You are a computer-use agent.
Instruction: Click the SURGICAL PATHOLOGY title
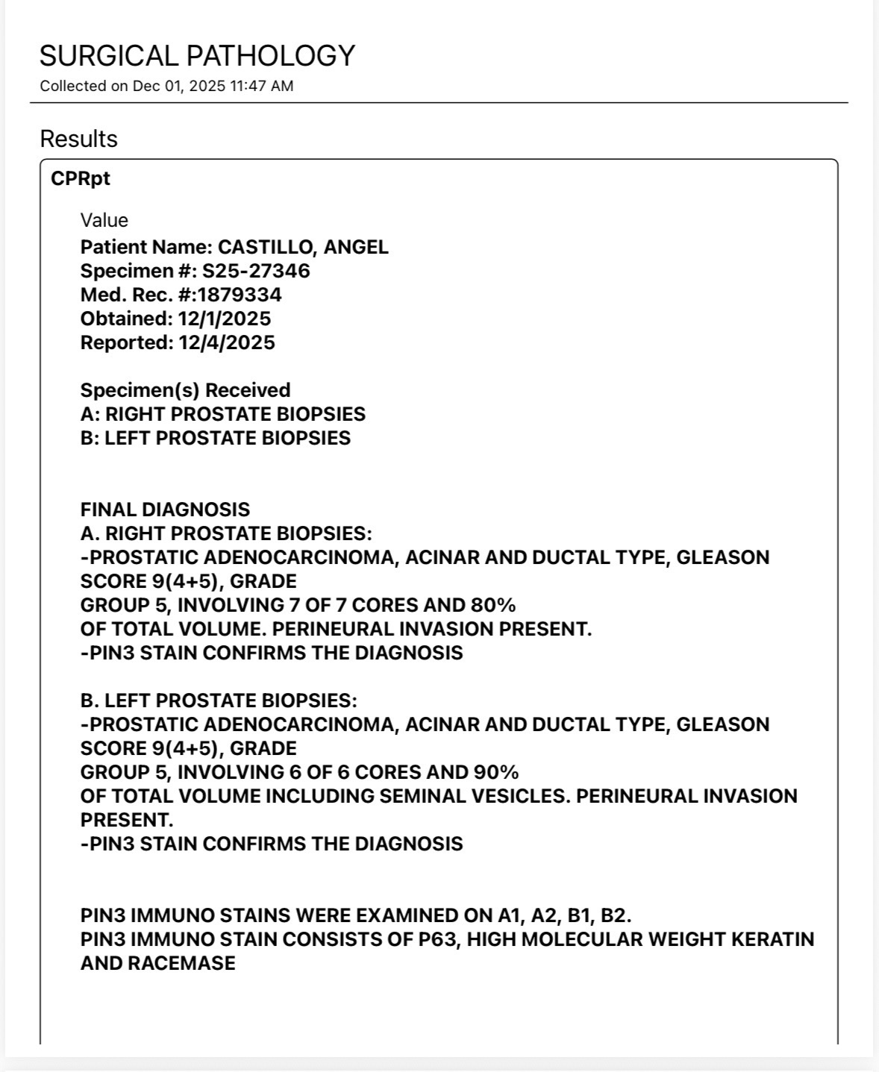197,56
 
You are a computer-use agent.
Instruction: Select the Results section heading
78,139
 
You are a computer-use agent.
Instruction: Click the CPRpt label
81,179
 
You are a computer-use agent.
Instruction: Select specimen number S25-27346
256,271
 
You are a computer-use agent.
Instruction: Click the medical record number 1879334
240,295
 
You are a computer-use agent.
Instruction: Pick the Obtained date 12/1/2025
224,319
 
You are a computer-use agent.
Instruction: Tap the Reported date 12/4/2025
226,342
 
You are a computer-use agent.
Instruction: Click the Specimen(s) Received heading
185,390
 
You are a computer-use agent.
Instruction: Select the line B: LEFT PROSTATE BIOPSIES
215,438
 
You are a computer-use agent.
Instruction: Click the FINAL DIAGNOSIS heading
165,510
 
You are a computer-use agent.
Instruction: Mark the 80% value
493,605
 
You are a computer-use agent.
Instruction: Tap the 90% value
496,772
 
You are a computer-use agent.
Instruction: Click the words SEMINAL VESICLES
475,796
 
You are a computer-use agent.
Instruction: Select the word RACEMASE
181,963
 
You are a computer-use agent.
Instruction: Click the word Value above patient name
104,220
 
